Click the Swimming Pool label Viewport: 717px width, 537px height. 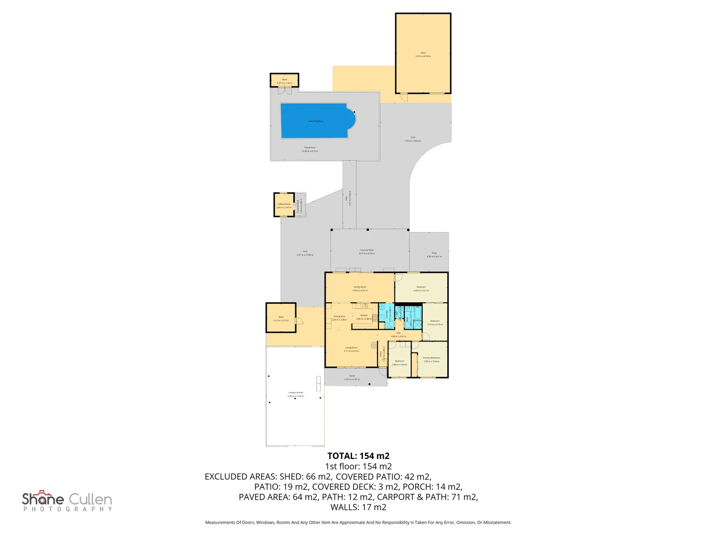pyautogui.click(x=316, y=121)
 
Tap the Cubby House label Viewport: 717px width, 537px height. pyautogui.click(x=284, y=204)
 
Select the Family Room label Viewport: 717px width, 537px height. pyautogui.click(x=360, y=287)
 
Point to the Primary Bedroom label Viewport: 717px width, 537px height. pyautogui.click(x=431, y=358)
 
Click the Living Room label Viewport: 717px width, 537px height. pyautogui.click(x=351, y=348)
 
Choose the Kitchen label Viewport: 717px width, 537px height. pyautogui.click(x=364, y=316)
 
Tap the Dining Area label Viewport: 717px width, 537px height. pyautogui.click(x=339, y=316)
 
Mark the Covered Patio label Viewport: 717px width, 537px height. pyautogui.click(x=367, y=250)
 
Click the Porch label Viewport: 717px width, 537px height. pyautogui.click(x=352, y=376)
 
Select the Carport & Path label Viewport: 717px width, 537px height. pyautogui.click(x=296, y=393)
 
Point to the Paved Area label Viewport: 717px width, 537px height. pyautogui.click(x=310, y=148)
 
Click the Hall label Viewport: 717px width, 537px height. pyautogui.click(x=398, y=333)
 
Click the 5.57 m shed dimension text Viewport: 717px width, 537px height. pyautogui.click(x=423, y=56)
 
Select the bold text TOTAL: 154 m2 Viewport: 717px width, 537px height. pyautogui.click(x=358, y=456)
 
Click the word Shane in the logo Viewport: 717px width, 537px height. pyautogui.click(x=43, y=499)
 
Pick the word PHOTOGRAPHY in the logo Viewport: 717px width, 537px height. pyautogui.click(x=68, y=509)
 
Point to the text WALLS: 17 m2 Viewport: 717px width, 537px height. pyautogui.click(x=358, y=507)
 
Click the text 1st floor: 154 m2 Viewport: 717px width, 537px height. pyautogui.click(x=358, y=466)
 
